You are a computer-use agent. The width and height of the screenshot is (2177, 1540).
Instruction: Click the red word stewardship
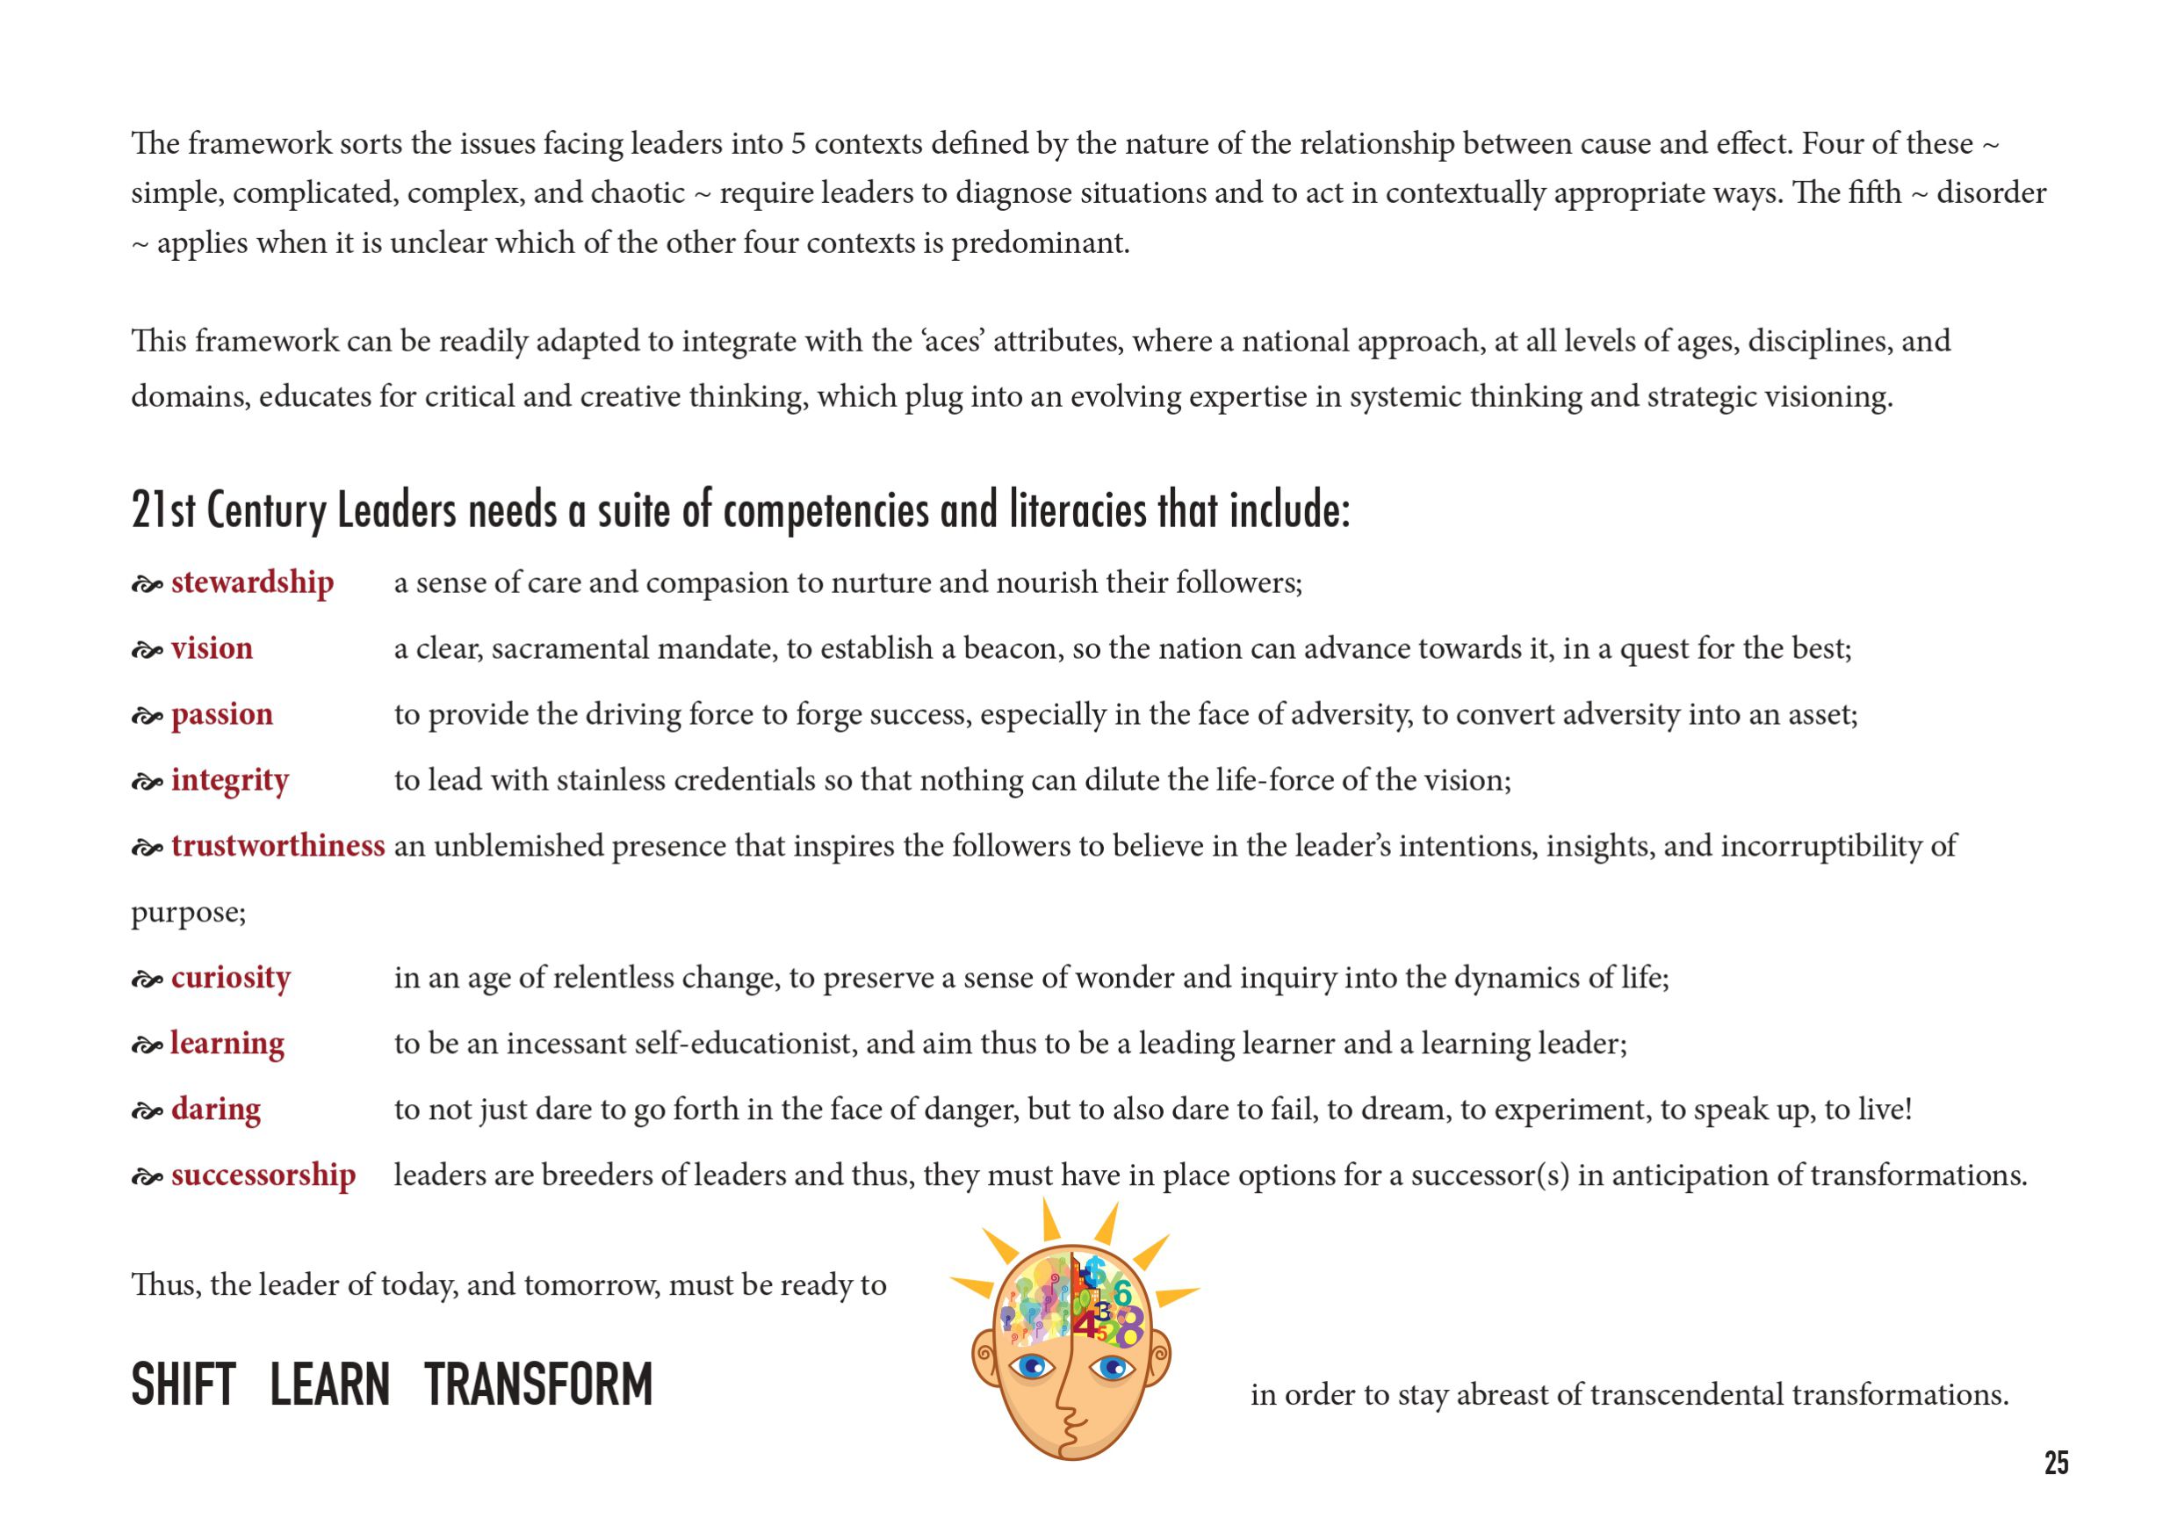(252, 582)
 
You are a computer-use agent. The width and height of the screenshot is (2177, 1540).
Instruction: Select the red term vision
(212, 648)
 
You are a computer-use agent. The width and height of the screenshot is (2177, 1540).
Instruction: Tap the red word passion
(222, 714)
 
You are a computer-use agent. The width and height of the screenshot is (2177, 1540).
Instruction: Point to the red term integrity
(229, 780)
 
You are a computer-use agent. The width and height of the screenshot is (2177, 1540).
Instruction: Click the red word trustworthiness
(278, 846)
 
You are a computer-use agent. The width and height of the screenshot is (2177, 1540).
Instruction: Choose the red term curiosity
(230, 978)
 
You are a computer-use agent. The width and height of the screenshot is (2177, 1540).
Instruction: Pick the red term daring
(215, 1110)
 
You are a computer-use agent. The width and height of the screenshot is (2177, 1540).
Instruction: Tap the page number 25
(2056, 1464)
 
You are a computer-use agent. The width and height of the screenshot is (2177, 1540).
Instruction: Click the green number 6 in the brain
(1122, 1292)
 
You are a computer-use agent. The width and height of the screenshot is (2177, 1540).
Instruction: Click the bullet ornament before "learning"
(147, 1046)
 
